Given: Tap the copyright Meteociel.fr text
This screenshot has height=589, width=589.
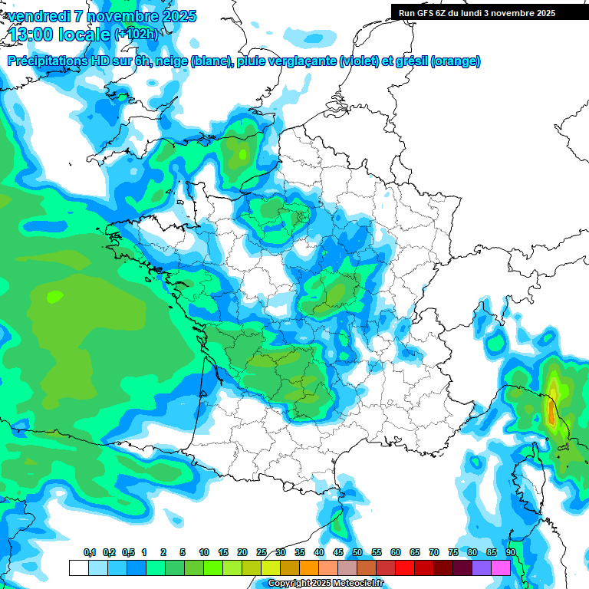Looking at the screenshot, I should [x=326, y=584].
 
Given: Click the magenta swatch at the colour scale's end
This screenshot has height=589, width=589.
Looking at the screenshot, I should [x=501, y=568].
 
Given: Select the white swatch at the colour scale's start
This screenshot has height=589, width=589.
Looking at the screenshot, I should [x=78, y=568].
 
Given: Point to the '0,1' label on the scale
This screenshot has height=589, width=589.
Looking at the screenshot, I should [x=89, y=553].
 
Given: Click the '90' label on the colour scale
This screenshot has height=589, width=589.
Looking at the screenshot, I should [x=510, y=553].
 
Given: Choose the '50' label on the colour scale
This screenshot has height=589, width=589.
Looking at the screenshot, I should [x=357, y=553].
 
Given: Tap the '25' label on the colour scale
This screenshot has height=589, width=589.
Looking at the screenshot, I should [x=262, y=553].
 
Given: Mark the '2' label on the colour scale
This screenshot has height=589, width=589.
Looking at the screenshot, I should [x=165, y=553].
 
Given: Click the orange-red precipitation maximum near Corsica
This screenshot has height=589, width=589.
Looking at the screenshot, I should [x=551, y=412].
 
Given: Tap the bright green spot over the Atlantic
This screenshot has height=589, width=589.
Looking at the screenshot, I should [x=54, y=295].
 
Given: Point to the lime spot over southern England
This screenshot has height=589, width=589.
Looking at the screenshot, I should [x=243, y=154].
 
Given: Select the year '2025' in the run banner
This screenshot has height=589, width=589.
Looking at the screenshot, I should [x=545, y=12].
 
